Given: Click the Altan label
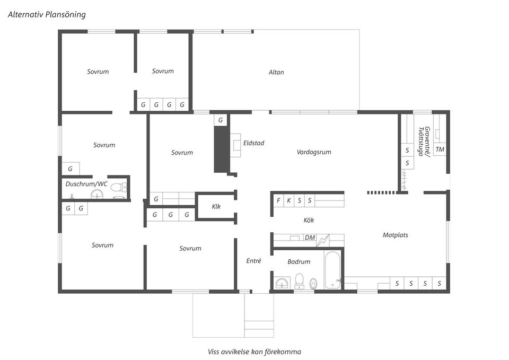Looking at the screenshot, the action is click(276, 73).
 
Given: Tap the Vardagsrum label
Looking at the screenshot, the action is click(314, 152).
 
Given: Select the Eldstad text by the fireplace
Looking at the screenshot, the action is click(254, 143).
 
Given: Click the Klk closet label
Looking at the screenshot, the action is click(216, 206).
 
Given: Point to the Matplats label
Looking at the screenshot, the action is click(395, 235).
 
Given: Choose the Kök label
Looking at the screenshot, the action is click(309, 220).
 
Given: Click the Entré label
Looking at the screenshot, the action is click(253, 261).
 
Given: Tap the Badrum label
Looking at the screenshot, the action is click(299, 261).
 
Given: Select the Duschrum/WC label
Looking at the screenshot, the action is click(86, 184).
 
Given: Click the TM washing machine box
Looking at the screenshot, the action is click(440, 150).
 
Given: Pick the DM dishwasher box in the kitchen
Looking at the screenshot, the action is click(310, 238).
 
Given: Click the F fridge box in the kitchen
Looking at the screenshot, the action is click(278, 200).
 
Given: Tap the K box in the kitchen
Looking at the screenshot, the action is click(288, 200).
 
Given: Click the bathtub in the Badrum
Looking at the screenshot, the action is click(332, 270).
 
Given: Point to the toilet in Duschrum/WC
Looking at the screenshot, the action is click(119, 187).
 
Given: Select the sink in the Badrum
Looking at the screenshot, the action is click(283, 284).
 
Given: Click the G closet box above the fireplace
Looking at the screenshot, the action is click(221, 120).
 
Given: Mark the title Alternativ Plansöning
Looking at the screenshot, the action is click(47, 15).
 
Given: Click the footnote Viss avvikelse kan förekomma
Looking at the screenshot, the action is click(254, 352).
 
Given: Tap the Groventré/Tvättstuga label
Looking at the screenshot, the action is click(424, 142).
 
